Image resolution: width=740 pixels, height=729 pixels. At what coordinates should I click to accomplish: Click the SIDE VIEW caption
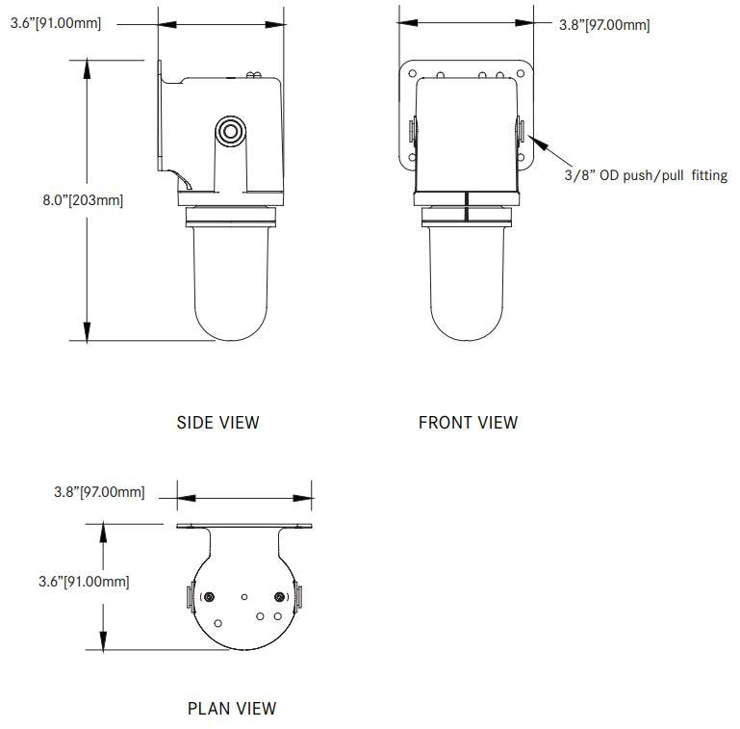click(217, 422)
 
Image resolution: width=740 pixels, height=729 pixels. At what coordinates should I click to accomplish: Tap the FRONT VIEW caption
click(468, 422)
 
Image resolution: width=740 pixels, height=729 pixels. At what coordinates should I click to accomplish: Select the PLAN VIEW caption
click(231, 708)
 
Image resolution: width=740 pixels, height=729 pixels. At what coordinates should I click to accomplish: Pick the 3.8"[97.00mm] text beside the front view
click(603, 25)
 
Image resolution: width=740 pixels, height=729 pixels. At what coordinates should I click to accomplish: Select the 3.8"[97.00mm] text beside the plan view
click(99, 492)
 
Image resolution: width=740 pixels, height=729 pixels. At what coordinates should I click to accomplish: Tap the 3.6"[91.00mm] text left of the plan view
click(82, 581)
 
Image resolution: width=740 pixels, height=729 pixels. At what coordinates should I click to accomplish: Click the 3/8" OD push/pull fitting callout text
click(645, 175)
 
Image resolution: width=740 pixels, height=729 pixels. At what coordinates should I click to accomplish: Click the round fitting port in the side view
click(230, 131)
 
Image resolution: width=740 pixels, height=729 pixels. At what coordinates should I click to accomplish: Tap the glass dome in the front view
click(467, 284)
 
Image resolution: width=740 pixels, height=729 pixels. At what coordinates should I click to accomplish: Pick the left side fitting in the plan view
click(189, 597)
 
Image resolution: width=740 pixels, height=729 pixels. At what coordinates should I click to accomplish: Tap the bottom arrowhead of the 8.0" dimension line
click(88, 333)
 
